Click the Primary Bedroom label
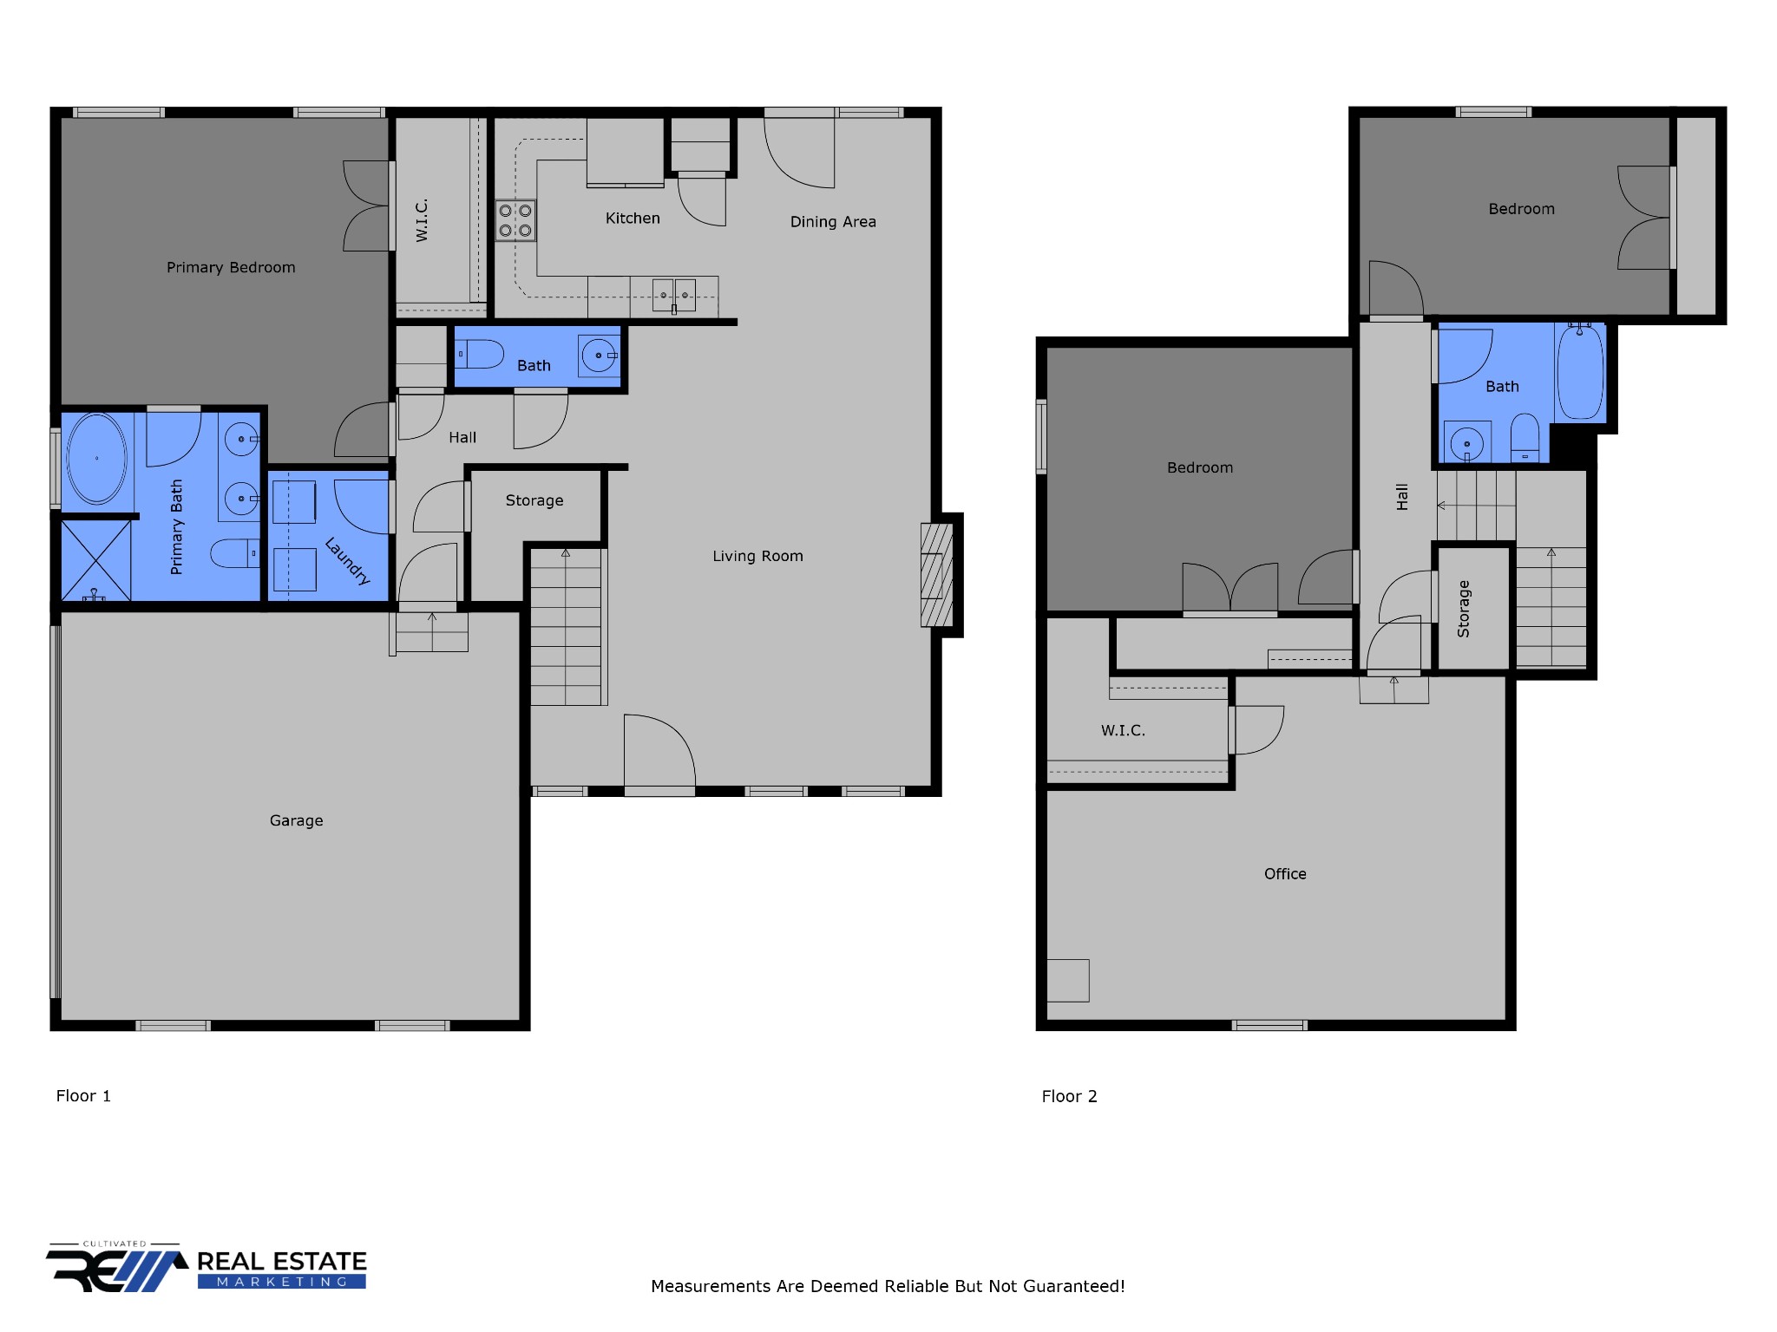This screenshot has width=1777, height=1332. click(231, 267)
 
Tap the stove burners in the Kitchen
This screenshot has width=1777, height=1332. click(515, 220)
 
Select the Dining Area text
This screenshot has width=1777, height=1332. click(833, 222)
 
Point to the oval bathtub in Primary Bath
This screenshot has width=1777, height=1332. click(96, 458)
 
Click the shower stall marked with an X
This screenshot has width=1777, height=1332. click(95, 559)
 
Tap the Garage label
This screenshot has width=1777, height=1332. click(296, 820)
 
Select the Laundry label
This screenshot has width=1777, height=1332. click(348, 561)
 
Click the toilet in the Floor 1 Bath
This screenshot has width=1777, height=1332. click(482, 355)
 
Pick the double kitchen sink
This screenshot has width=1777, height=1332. click(674, 295)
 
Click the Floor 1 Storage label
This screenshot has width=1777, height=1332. click(534, 500)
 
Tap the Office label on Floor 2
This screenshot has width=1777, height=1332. click(1285, 874)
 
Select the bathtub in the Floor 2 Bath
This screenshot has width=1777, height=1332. click(1579, 373)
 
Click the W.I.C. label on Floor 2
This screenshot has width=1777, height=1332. click(1123, 730)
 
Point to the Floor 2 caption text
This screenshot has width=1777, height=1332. click(1069, 1096)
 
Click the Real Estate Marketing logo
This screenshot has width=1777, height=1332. click(207, 1269)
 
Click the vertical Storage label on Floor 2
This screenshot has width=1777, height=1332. click(1464, 609)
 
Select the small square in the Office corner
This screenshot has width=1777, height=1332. click(1067, 980)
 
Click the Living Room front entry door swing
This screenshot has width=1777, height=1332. click(659, 751)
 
